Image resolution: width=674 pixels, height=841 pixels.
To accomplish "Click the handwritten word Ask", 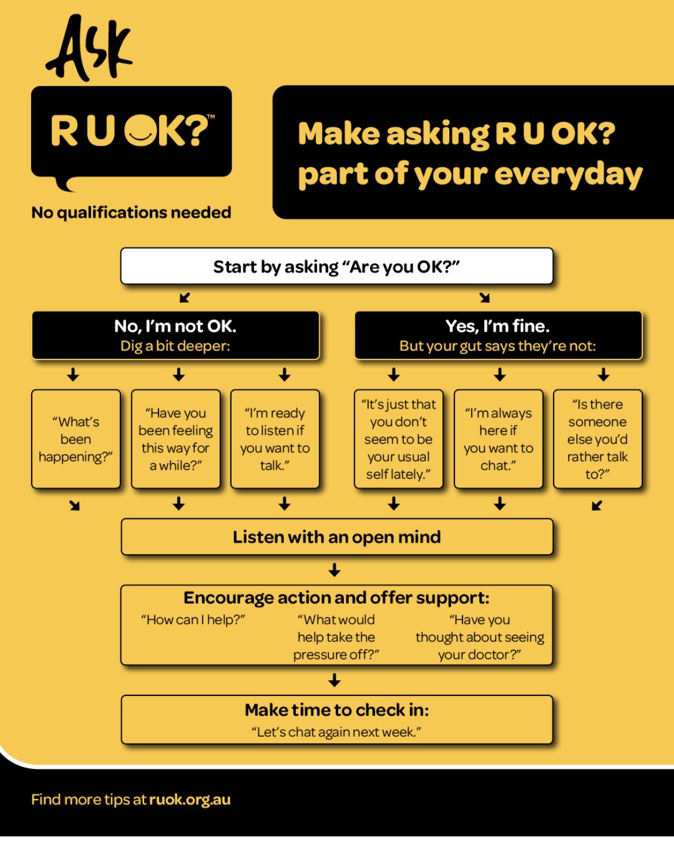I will point(89,49).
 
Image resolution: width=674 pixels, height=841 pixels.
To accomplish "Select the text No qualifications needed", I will point(131,213).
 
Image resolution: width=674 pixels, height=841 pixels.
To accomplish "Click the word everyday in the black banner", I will point(569,174).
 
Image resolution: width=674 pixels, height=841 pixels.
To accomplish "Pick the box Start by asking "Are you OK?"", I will point(336,267).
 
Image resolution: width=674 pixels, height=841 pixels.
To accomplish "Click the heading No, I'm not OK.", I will point(175,327).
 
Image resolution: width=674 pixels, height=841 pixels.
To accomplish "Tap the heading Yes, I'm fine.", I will point(498,327).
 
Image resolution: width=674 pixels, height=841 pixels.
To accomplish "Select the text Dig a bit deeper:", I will point(175,346).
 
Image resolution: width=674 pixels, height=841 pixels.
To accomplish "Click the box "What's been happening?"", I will point(75,439).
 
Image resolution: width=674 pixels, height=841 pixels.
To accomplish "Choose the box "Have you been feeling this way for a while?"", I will point(176,439).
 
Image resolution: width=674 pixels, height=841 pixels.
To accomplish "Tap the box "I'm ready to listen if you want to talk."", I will point(275,439).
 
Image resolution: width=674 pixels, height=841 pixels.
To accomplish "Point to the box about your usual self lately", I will point(398,439).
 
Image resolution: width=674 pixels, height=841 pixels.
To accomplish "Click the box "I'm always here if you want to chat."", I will point(498,439).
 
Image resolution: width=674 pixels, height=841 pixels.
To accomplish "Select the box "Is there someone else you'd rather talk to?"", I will point(597,439).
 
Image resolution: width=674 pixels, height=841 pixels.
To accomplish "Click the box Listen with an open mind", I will point(336,537).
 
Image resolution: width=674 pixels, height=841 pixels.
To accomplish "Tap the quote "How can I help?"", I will point(193,620).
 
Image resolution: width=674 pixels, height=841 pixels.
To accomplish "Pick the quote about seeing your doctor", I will point(480,637).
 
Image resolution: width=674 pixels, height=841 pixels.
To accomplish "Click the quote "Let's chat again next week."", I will point(336,732).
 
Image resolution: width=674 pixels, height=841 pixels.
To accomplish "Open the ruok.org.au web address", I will point(190,800).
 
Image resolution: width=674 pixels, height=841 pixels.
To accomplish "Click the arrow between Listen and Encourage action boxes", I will point(335,570).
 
